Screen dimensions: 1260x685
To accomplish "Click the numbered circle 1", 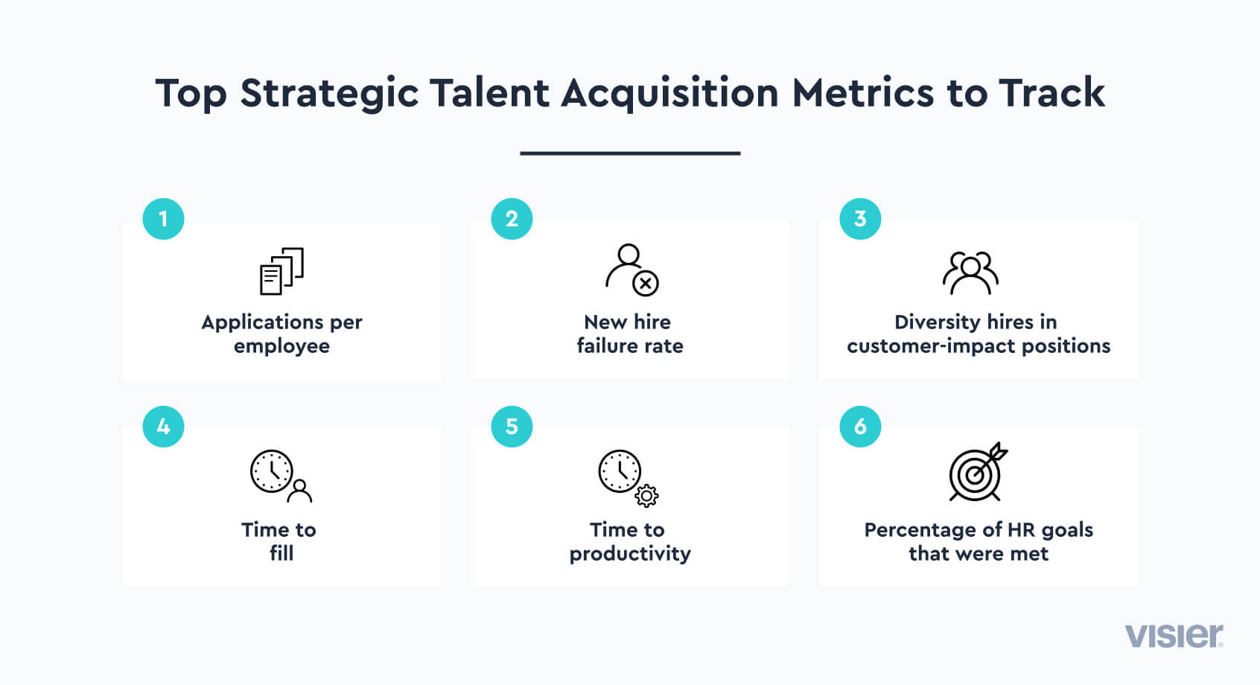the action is click(x=163, y=219).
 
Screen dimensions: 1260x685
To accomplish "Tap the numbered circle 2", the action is click(x=512, y=219).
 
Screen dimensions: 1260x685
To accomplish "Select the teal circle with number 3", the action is click(x=860, y=219).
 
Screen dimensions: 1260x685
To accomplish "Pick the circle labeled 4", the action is click(x=163, y=427).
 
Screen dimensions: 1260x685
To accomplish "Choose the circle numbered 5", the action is click(x=512, y=427).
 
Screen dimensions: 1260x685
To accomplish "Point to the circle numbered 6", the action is click(x=860, y=427).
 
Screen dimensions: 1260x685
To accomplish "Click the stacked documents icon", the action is click(x=281, y=271).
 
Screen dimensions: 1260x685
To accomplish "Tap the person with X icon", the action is click(x=631, y=270).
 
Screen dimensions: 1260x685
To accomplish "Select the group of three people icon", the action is click(x=970, y=273).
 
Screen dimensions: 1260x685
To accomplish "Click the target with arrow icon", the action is click(x=978, y=472).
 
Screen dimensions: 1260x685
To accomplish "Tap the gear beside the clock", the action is click(x=646, y=496).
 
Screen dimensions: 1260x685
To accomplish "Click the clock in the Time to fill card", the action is click(x=271, y=471).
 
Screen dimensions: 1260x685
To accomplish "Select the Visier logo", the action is click(x=1174, y=636).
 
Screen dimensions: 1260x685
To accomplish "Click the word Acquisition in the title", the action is click(x=669, y=93).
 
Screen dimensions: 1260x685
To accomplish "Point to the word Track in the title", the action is click(x=1052, y=92).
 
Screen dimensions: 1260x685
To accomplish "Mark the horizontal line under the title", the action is click(x=630, y=153).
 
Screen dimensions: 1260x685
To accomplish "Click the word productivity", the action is click(x=630, y=555).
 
